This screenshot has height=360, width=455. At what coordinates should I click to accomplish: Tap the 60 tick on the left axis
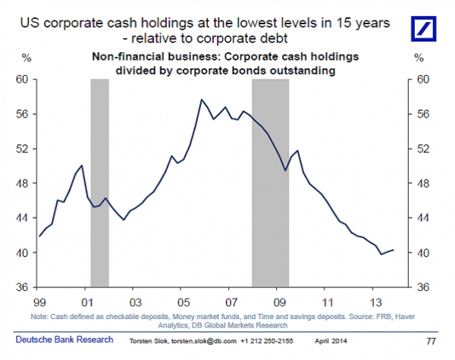pyautogui.click(x=22, y=79)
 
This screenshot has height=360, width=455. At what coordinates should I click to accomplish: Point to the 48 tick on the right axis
pyautogui.click(x=423, y=183)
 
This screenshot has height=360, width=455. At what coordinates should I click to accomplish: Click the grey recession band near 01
pyautogui.click(x=100, y=182)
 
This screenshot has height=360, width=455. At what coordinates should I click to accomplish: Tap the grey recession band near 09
pyautogui.click(x=271, y=182)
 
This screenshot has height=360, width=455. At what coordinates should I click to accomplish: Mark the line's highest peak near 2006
pyautogui.click(x=202, y=99)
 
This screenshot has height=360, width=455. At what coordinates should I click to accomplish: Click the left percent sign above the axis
pyautogui.click(x=26, y=58)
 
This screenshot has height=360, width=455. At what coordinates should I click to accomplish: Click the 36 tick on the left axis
pyautogui.click(x=22, y=287)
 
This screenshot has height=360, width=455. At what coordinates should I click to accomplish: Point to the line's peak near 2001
pyautogui.click(x=81, y=165)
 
